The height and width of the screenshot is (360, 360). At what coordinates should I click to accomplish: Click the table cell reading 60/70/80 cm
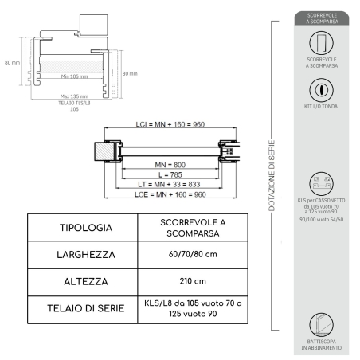pyautogui.click(x=182, y=256)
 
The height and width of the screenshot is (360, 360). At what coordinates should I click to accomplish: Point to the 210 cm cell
pyautogui.click(x=182, y=282)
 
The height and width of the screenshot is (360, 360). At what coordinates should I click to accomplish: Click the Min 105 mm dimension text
pyautogui.click(x=74, y=76)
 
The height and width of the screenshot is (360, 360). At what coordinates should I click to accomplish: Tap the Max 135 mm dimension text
pyautogui.click(x=74, y=97)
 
